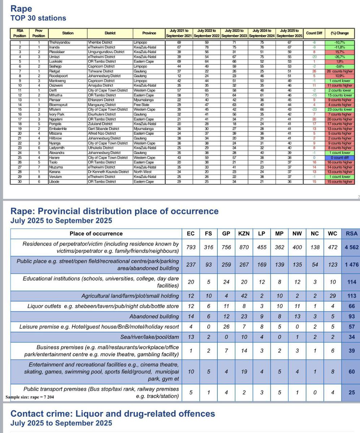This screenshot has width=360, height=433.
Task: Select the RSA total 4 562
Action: (350, 247)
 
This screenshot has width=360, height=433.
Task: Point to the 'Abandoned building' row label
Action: (154, 316)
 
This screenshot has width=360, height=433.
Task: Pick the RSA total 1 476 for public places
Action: (350, 264)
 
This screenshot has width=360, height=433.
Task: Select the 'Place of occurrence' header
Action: (96, 233)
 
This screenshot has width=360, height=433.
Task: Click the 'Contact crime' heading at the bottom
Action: (113, 414)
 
